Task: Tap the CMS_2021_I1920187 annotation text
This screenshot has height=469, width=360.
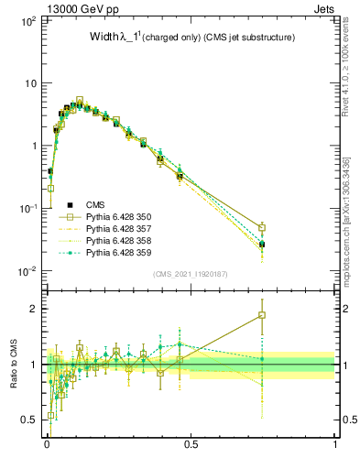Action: [x=191, y=273]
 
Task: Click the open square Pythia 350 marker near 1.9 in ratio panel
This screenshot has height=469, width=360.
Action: [x=262, y=315]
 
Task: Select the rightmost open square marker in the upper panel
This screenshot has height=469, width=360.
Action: [x=262, y=228]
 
